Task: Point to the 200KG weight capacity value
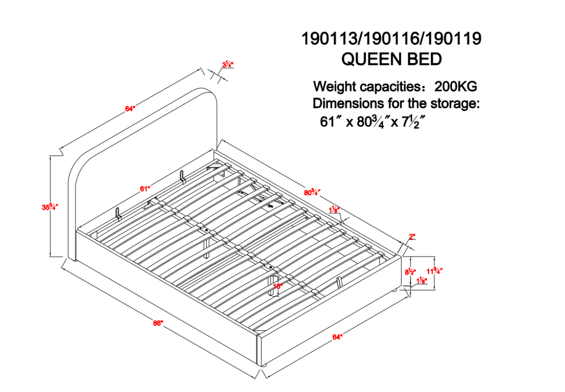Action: [456, 87]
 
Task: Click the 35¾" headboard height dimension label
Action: [50, 207]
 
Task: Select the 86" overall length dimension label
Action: [158, 323]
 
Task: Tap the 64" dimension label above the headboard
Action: [130, 109]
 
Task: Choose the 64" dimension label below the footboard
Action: [337, 337]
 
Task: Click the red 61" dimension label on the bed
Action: [145, 188]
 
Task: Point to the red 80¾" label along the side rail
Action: [312, 193]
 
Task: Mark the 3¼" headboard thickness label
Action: [227, 65]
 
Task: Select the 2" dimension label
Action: [412, 237]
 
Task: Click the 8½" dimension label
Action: [410, 272]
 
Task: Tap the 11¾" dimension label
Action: [434, 271]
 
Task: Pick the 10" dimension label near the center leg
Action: [278, 286]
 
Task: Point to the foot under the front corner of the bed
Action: [262, 365]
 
